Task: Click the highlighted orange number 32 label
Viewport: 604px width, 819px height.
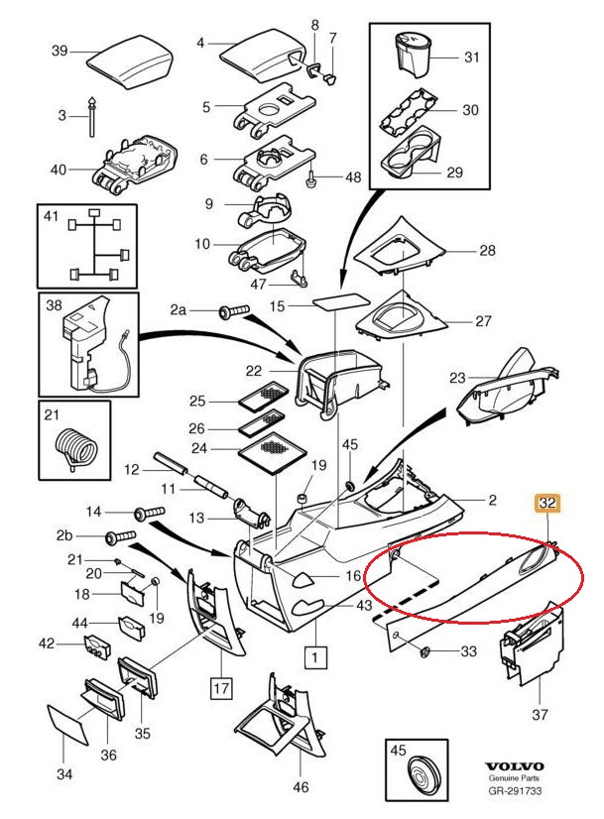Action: [546, 504]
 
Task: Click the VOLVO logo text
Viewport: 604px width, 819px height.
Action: [514, 767]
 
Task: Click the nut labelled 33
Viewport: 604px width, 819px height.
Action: [424, 651]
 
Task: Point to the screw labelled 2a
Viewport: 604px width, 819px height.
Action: [231, 313]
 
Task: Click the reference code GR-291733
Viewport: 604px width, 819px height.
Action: [514, 793]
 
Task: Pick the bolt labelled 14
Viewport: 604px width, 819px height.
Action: [148, 513]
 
